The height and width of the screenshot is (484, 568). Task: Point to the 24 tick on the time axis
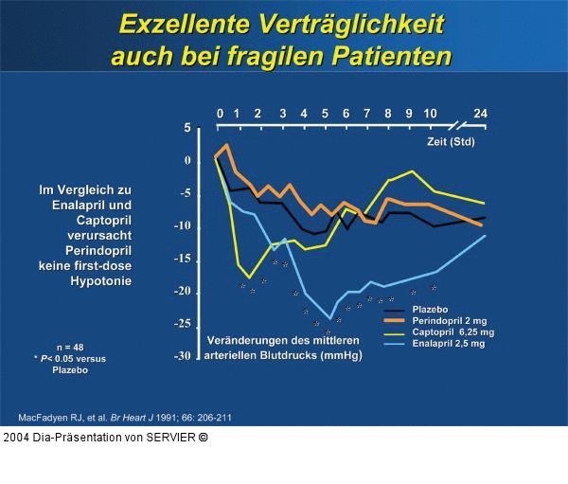(x=481, y=115)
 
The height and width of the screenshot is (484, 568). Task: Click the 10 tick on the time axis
(x=430, y=115)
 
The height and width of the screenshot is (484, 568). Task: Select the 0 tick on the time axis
(x=220, y=115)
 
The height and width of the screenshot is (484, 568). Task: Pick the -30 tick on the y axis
(x=182, y=356)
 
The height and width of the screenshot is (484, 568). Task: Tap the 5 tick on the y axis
(x=186, y=128)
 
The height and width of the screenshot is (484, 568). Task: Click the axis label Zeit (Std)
(x=450, y=141)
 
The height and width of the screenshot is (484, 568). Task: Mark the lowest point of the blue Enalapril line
(x=330, y=318)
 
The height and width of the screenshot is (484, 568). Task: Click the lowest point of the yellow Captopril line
(x=249, y=278)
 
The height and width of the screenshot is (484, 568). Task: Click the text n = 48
(x=70, y=347)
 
